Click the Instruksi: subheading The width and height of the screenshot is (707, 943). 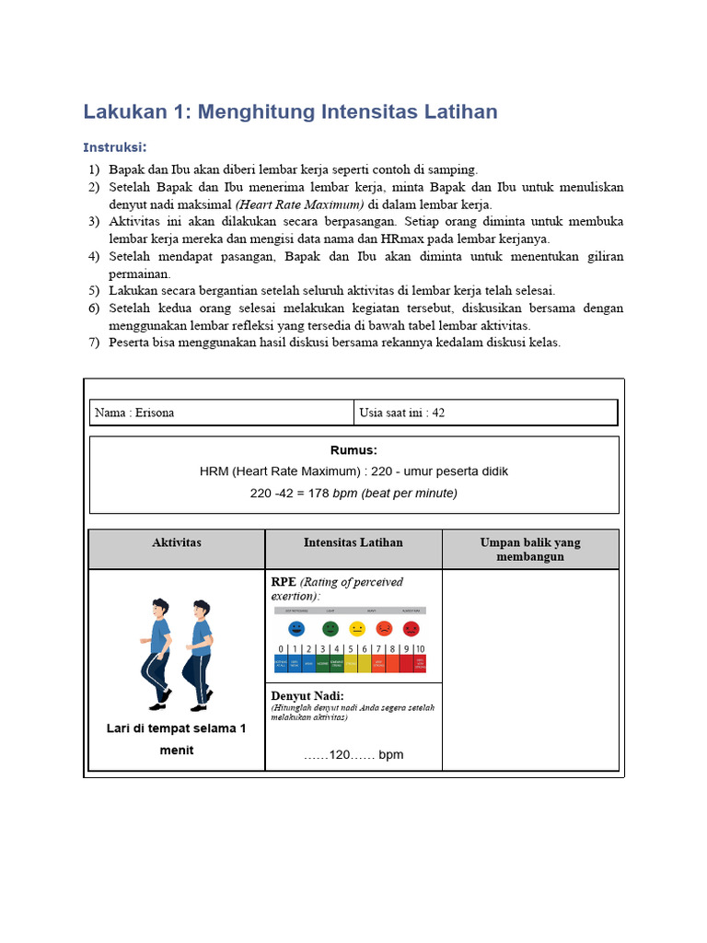pos(115,147)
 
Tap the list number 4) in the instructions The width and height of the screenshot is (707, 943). pos(94,256)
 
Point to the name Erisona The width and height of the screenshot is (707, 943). pos(155,413)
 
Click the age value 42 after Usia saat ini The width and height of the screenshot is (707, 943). pos(438,413)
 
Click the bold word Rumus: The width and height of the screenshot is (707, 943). pos(353,450)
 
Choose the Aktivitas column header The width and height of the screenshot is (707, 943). pos(177,542)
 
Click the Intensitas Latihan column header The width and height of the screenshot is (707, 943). pos(353,542)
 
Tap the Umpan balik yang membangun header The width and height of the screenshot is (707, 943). pos(530,549)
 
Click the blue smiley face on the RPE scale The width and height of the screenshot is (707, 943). pos(296,629)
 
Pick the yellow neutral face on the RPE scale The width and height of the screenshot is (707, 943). pos(357,629)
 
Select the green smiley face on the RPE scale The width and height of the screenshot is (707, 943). pos(330,629)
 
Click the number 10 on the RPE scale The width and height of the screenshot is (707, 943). pos(420,649)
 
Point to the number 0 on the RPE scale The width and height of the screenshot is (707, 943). pos(280,649)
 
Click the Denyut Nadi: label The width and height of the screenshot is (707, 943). pos(307,695)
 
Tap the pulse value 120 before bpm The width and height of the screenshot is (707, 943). pos(341,754)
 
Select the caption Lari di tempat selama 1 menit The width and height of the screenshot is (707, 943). pos(177,739)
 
